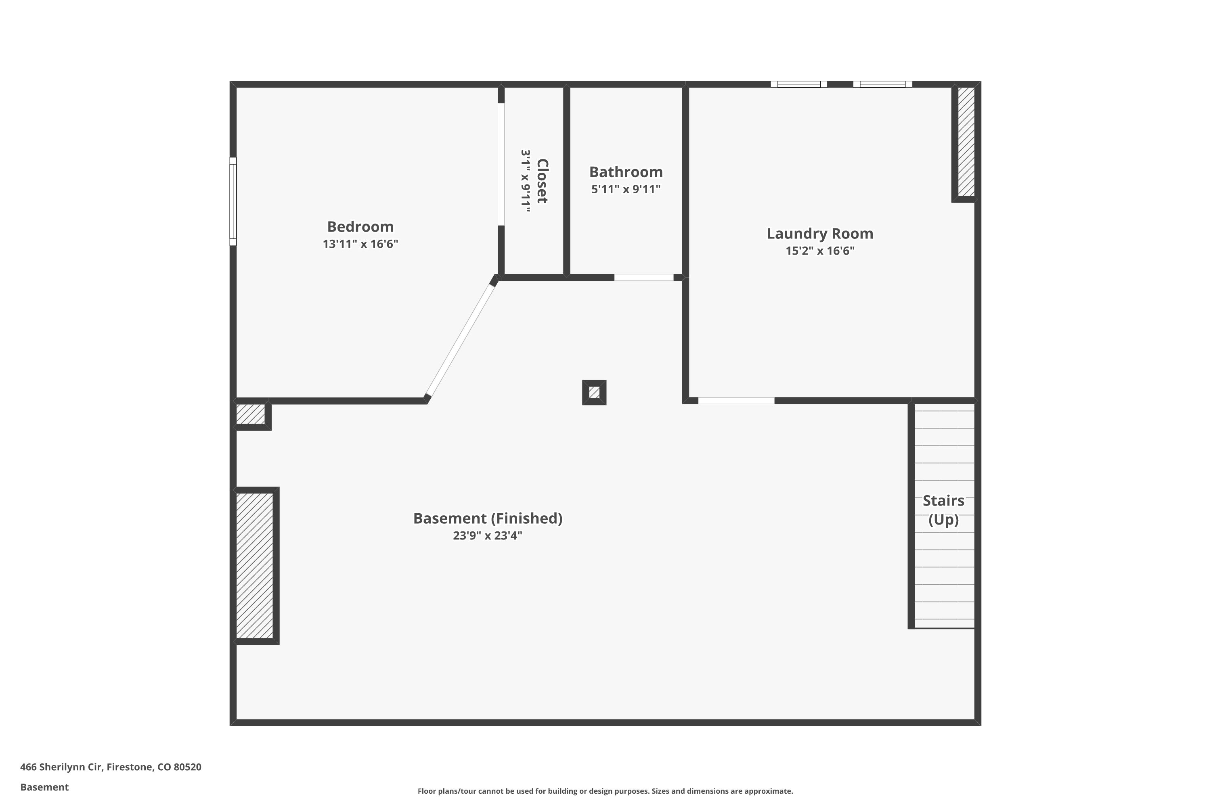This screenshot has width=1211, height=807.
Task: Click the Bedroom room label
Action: [x=360, y=226]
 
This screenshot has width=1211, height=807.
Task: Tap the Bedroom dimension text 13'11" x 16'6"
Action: [x=360, y=244]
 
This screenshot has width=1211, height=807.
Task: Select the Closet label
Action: [x=542, y=181]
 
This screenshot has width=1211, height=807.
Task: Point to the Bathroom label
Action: [x=626, y=171]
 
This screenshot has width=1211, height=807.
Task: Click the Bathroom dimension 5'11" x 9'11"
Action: [x=626, y=189]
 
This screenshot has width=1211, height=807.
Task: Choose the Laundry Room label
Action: [x=820, y=234]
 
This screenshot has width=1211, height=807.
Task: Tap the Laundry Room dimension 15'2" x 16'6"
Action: [x=820, y=251]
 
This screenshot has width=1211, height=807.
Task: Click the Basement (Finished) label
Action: [x=488, y=518]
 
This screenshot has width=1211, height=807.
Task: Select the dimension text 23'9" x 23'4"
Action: [x=488, y=536]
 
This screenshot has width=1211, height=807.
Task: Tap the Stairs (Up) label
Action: [x=943, y=510]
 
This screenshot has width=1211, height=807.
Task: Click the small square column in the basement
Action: [x=594, y=393]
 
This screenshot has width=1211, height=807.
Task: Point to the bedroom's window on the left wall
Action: [x=233, y=201]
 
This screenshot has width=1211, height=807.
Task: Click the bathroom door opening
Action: [x=643, y=278]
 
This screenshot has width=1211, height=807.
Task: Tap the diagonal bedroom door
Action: [x=460, y=340]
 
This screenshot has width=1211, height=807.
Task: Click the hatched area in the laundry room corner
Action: [x=966, y=142]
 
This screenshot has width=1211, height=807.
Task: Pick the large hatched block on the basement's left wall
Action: [x=254, y=566]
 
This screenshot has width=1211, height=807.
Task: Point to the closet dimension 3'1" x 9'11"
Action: [x=525, y=181]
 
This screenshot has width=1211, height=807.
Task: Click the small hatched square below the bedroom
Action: [x=250, y=414]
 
